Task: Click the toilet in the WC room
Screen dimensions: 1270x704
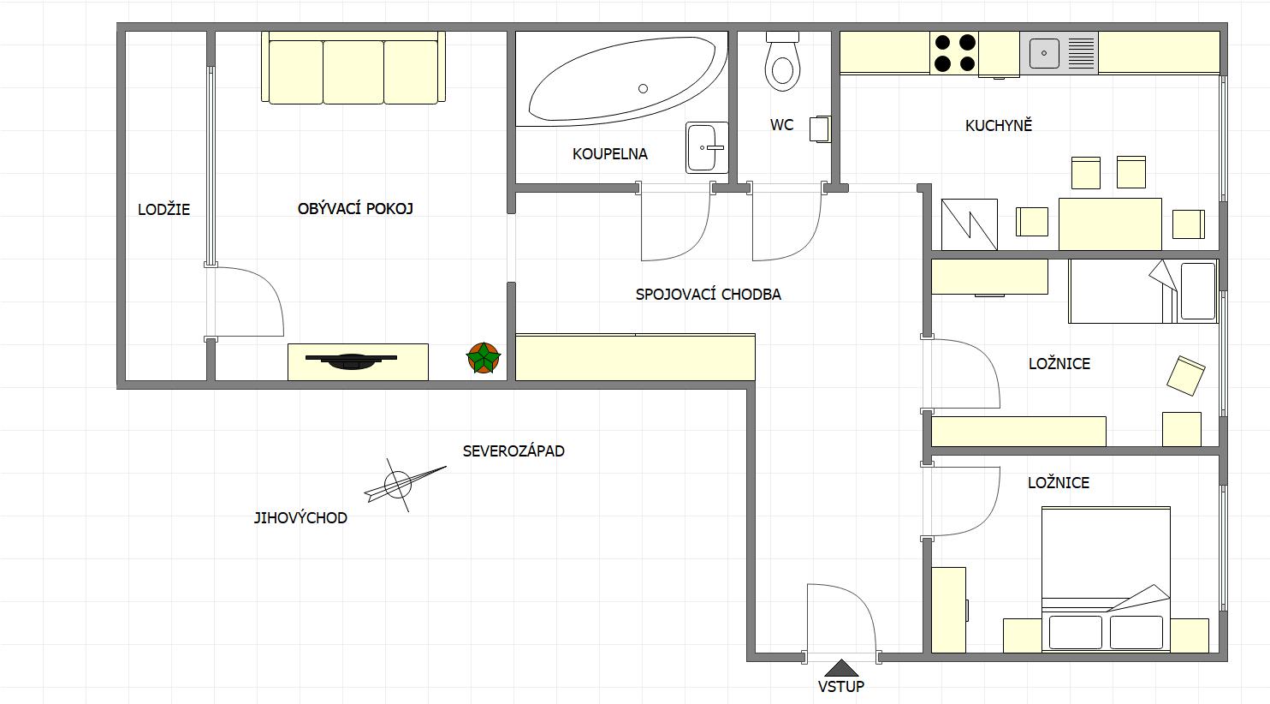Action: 782,62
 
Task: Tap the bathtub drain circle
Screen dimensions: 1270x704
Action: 643,88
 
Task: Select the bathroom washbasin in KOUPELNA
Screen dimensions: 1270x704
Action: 706,147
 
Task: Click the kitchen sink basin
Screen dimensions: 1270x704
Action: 1044,53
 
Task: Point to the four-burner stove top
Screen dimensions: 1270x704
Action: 955,53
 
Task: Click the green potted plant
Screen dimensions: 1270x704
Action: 483,358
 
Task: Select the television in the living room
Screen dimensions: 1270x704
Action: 351,361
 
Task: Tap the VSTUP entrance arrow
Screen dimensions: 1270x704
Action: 841,668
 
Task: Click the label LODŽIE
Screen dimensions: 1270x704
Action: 163,209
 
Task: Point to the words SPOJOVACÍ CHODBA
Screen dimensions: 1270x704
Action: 708,295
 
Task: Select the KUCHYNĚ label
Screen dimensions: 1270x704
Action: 999,125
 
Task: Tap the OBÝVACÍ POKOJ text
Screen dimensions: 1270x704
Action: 355,209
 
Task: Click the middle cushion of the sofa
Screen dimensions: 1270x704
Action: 353,72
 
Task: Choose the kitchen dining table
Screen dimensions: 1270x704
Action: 1110,224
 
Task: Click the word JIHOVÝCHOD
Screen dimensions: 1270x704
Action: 300,518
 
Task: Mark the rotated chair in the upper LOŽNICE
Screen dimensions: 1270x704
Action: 1185,375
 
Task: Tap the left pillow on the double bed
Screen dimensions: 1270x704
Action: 1076,633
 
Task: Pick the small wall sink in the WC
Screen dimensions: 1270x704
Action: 820,129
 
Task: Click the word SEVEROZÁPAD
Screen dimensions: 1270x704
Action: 513,451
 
